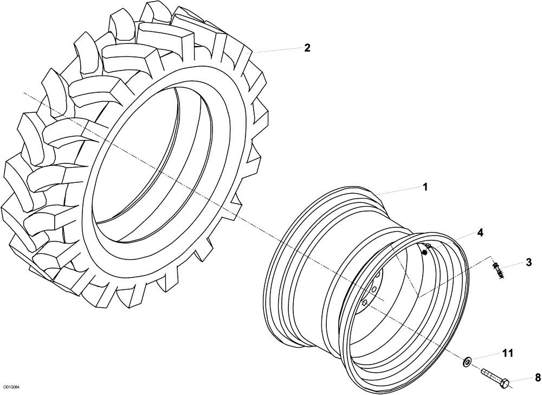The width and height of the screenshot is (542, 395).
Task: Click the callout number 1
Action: [x=425, y=187]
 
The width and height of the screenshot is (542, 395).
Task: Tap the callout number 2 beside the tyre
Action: [x=307, y=48]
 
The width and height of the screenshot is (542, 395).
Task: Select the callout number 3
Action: [x=528, y=263]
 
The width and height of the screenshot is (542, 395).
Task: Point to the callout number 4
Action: [x=480, y=232]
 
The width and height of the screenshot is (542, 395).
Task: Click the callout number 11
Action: [x=507, y=354]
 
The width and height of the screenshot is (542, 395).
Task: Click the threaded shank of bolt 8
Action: [x=489, y=375]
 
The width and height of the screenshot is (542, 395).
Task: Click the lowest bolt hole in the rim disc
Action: [x=365, y=302]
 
